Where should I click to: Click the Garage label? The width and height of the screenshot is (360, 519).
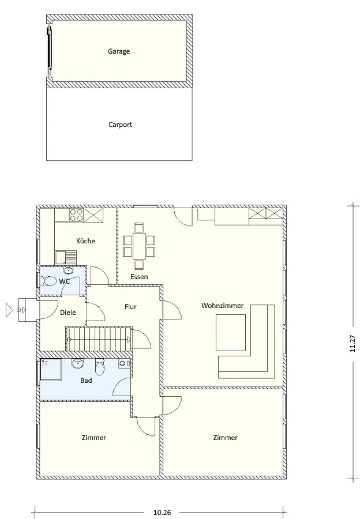pos(119,51)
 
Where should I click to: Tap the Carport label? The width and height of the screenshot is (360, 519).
pos(120,125)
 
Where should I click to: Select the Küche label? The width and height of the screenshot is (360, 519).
pos(85,240)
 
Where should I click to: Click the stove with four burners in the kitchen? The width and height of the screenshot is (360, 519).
pos(76,215)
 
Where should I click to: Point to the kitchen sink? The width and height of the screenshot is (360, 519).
pos(66,257)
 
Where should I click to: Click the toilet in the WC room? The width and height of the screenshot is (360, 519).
pos(48,281)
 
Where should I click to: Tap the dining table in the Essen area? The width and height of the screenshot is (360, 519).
pos(139,246)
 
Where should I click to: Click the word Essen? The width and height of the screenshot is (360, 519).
pos(139,277)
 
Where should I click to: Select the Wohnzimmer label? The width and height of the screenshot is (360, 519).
pos(222,305)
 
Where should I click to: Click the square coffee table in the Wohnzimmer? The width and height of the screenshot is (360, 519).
pos(231,332)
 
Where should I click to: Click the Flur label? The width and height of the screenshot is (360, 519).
pos(130,307)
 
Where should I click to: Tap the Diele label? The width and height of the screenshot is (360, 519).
pos(68,312)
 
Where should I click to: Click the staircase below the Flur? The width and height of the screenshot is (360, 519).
pos(99,339)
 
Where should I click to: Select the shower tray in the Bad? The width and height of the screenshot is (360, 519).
pos(51,370)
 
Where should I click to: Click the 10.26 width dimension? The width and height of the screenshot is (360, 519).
pos(162,513)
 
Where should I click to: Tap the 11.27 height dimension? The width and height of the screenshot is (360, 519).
pos(352,343)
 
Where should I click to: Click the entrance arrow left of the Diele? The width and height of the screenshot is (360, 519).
pos(9,310)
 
